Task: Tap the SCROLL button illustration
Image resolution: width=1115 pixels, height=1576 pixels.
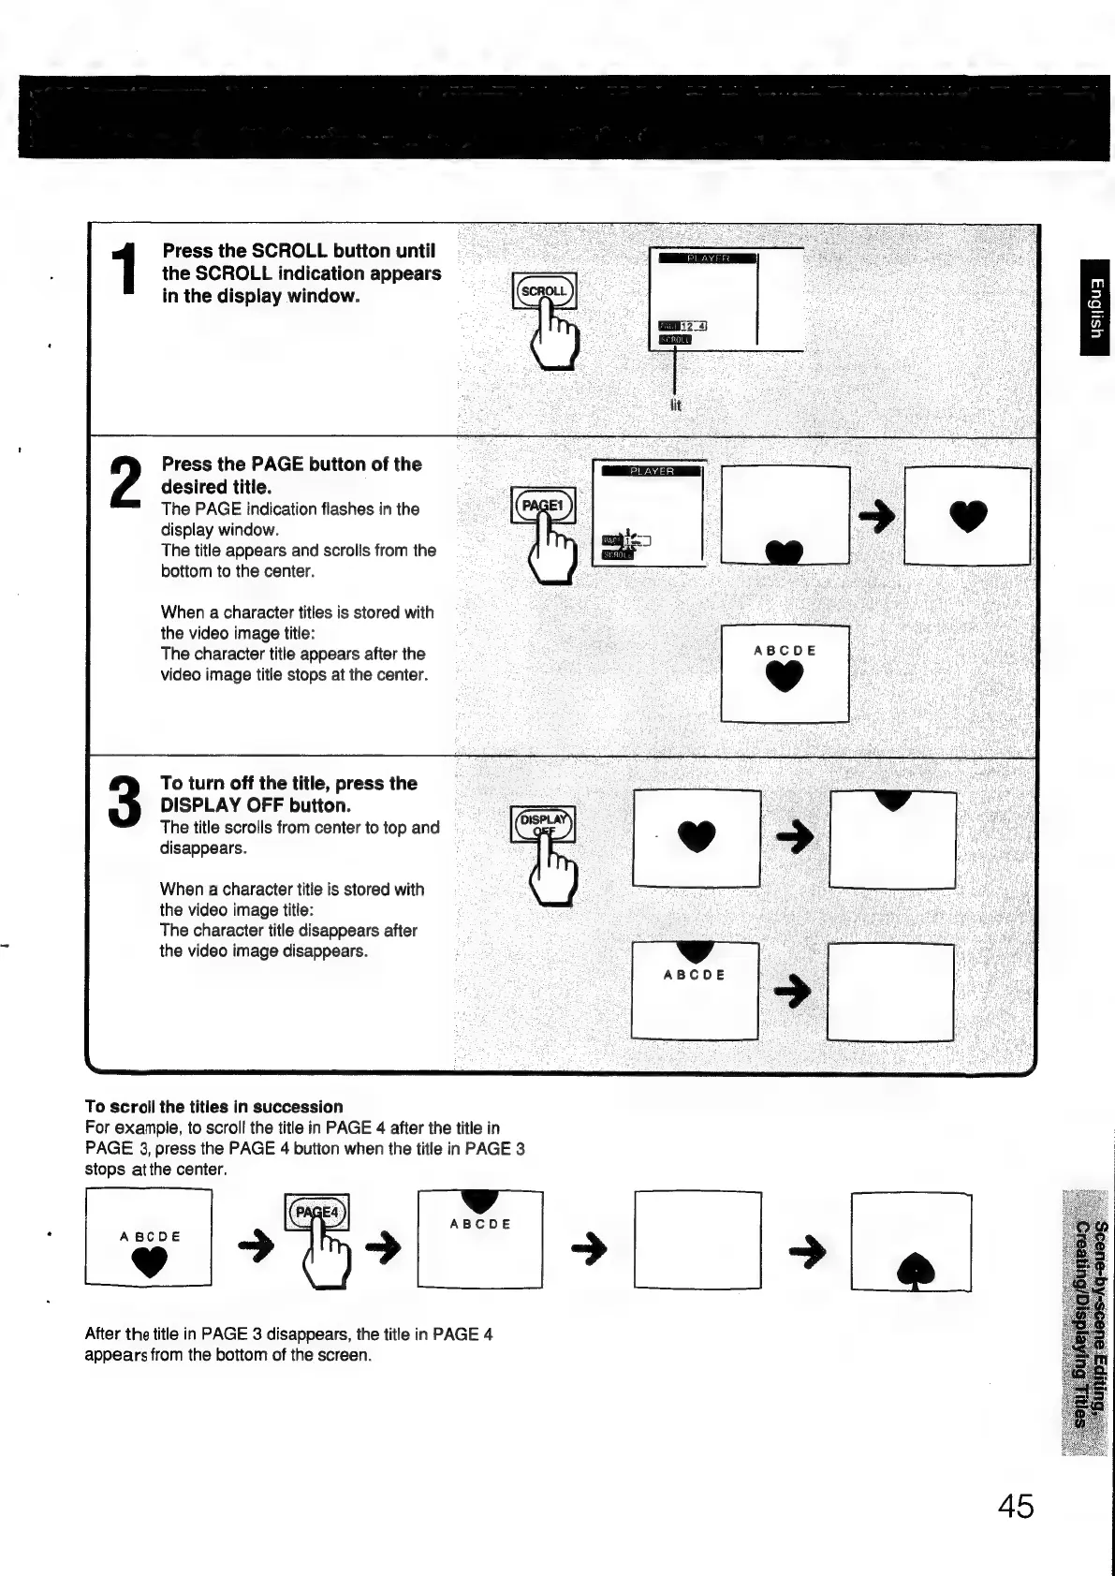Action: pyautogui.click(x=545, y=291)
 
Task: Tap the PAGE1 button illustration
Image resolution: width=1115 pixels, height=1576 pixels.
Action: pyautogui.click(x=543, y=506)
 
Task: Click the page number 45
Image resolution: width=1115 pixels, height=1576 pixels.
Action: pyautogui.click(x=1016, y=1507)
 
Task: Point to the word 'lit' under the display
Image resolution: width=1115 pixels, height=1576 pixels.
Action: pyautogui.click(x=676, y=405)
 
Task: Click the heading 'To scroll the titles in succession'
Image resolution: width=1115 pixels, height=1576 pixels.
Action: pyautogui.click(x=213, y=1107)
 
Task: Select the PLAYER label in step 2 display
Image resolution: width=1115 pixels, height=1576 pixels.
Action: pyautogui.click(x=651, y=471)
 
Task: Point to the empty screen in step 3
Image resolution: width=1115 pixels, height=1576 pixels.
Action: pyautogui.click(x=890, y=992)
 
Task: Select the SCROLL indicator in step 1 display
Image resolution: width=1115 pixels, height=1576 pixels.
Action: pyautogui.click(x=674, y=340)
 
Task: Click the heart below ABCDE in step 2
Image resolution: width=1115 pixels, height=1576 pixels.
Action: pyautogui.click(x=785, y=677)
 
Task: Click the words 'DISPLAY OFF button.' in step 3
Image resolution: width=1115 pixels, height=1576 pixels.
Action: pyautogui.click(x=256, y=805)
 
